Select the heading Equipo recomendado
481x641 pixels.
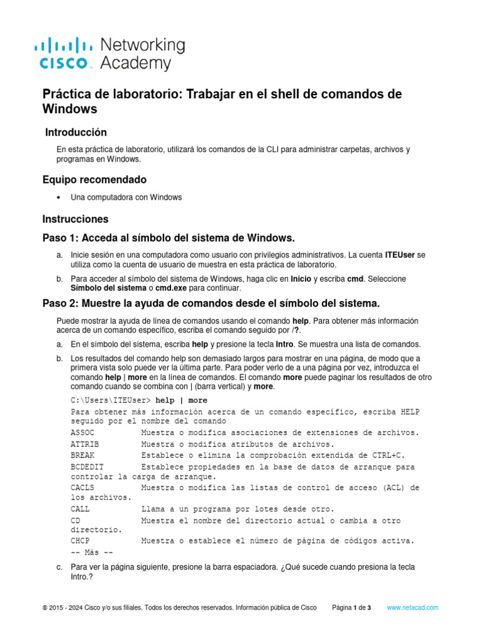click(x=95, y=180)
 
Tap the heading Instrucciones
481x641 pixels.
click(x=75, y=219)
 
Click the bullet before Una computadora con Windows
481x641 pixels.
click(x=58, y=197)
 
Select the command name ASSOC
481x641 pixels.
click(x=83, y=433)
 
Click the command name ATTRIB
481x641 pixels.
click(x=85, y=444)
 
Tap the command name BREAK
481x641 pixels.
click(x=83, y=455)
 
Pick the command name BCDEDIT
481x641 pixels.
click(x=87, y=467)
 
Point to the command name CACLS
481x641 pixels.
click(x=83, y=487)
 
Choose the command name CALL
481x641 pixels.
click(x=80, y=509)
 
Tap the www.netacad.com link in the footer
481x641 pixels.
click(x=413, y=608)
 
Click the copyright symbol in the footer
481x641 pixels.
click(x=44, y=608)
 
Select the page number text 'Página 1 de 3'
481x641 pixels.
click(x=351, y=608)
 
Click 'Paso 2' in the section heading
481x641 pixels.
click(x=60, y=304)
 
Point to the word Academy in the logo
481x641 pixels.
click(x=135, y=63)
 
